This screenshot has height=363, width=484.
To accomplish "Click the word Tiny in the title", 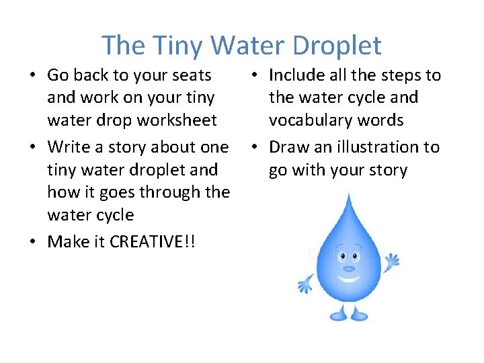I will pos(177,46).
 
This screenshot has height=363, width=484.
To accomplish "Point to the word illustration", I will pos(374,147).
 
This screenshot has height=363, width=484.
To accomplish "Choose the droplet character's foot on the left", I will pos(336,315).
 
